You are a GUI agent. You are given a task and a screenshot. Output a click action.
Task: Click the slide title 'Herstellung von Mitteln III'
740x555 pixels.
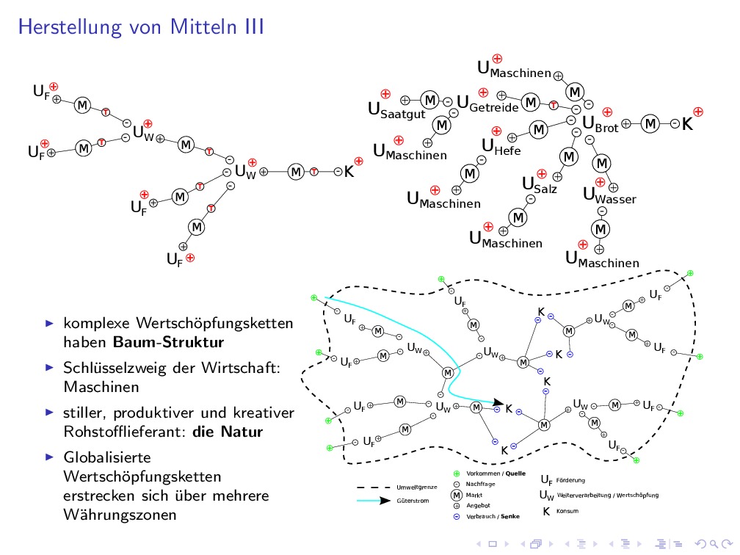tap(141, 27)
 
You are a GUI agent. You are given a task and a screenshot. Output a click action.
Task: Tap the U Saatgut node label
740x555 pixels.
tap(396, 111)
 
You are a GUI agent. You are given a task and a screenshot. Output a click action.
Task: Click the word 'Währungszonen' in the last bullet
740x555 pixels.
tap(120, 515)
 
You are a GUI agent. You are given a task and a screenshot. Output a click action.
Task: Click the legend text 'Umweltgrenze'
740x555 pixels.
tap(416, 487)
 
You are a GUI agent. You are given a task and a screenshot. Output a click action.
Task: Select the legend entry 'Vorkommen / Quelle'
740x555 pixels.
tap(496, 474)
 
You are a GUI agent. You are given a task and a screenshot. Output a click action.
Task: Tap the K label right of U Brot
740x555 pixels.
tap(687, 125)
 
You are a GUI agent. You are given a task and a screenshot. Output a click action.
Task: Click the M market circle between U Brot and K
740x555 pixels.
tap(650, 123)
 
